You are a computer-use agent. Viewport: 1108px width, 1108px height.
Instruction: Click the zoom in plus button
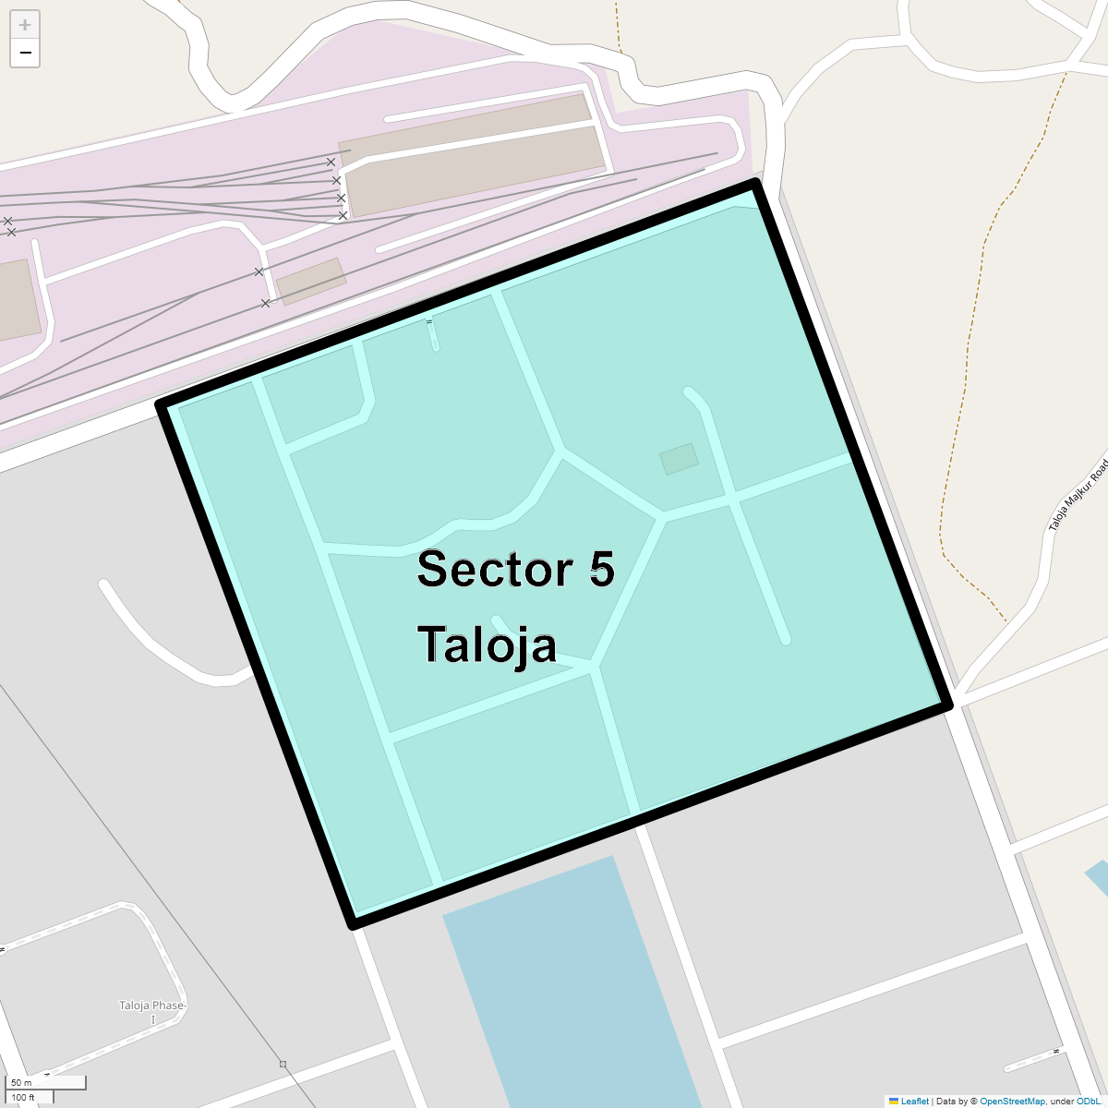25,25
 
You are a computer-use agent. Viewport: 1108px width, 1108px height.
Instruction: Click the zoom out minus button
25,54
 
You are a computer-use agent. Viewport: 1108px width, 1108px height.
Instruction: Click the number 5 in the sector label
601,569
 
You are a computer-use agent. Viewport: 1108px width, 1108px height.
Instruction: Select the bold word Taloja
487,644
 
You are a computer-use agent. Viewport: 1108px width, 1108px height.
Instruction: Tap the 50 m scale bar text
21,1082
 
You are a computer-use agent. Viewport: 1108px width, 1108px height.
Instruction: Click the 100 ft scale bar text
23,1098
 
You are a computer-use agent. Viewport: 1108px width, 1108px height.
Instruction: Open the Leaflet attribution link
914,1102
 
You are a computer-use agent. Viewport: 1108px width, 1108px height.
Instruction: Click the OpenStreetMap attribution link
1012,1102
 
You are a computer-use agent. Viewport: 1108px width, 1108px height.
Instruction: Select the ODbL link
1087,1102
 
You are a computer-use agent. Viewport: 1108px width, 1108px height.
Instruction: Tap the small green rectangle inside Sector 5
679,459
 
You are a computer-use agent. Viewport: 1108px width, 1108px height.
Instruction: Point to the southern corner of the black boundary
354,922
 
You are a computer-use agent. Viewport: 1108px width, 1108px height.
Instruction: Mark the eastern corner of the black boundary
946,705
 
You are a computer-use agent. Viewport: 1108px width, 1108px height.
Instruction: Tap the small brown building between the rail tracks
311,281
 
